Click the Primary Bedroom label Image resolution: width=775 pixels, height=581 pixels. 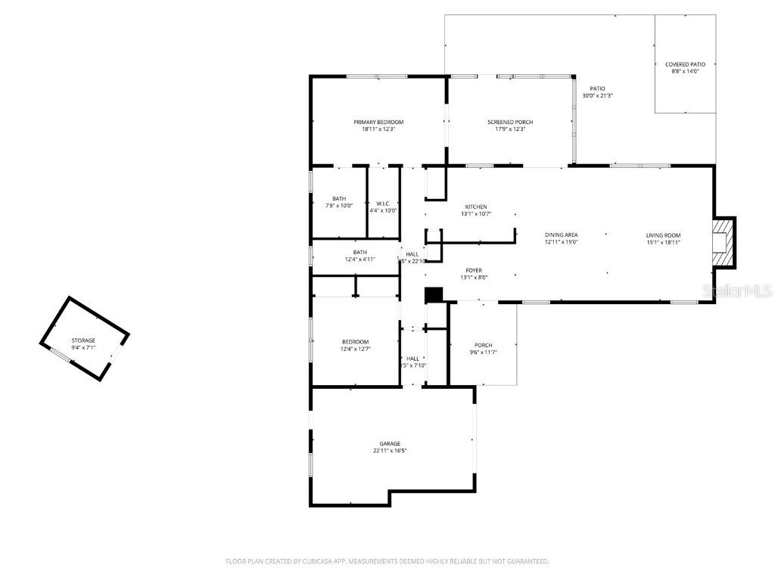click(x=378, y=122)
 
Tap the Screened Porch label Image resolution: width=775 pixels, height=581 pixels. click(x=510, y=122)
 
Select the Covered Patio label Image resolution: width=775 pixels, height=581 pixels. click(x=685, y=64)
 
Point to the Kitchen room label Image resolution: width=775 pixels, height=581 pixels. click(x=476, y=207)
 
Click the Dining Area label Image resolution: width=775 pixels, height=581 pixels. click(x=561, y=235)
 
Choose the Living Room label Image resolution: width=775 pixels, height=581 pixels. click(x=663, y=235)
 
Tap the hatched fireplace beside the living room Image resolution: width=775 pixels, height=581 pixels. click(x=724, y=242)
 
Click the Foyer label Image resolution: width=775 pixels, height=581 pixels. click(x=474, y=270)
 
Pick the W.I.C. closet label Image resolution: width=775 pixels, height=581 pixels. click(x=383, y=204)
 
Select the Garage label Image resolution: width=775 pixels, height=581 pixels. click(x=390, y=443)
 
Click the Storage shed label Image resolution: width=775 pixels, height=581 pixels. click(x=83, y=340)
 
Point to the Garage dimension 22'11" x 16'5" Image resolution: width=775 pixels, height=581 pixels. click(x=390, y=451)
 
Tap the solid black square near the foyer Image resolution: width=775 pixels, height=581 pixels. click(x=433, y=294)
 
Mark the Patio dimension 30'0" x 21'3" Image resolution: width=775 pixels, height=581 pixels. click(x=597, y=96)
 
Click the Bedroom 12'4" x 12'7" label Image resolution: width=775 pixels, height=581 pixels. click(x=355, y=342)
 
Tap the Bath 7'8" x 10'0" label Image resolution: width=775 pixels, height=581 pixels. click(x=338, y=199)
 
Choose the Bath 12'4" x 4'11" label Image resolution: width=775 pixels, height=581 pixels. click(x=359, y=253)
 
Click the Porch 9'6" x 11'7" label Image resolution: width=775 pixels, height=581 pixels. click(x=483, y=346)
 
